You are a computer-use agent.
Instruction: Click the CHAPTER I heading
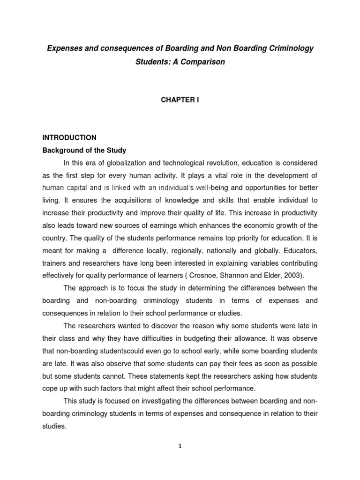click(x=180, y=100)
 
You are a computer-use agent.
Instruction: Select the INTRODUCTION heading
click(x=69, y=138)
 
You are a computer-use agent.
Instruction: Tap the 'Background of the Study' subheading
click(x=84, y=150)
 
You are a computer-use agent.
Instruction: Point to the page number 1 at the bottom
click(x=180, y=446)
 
